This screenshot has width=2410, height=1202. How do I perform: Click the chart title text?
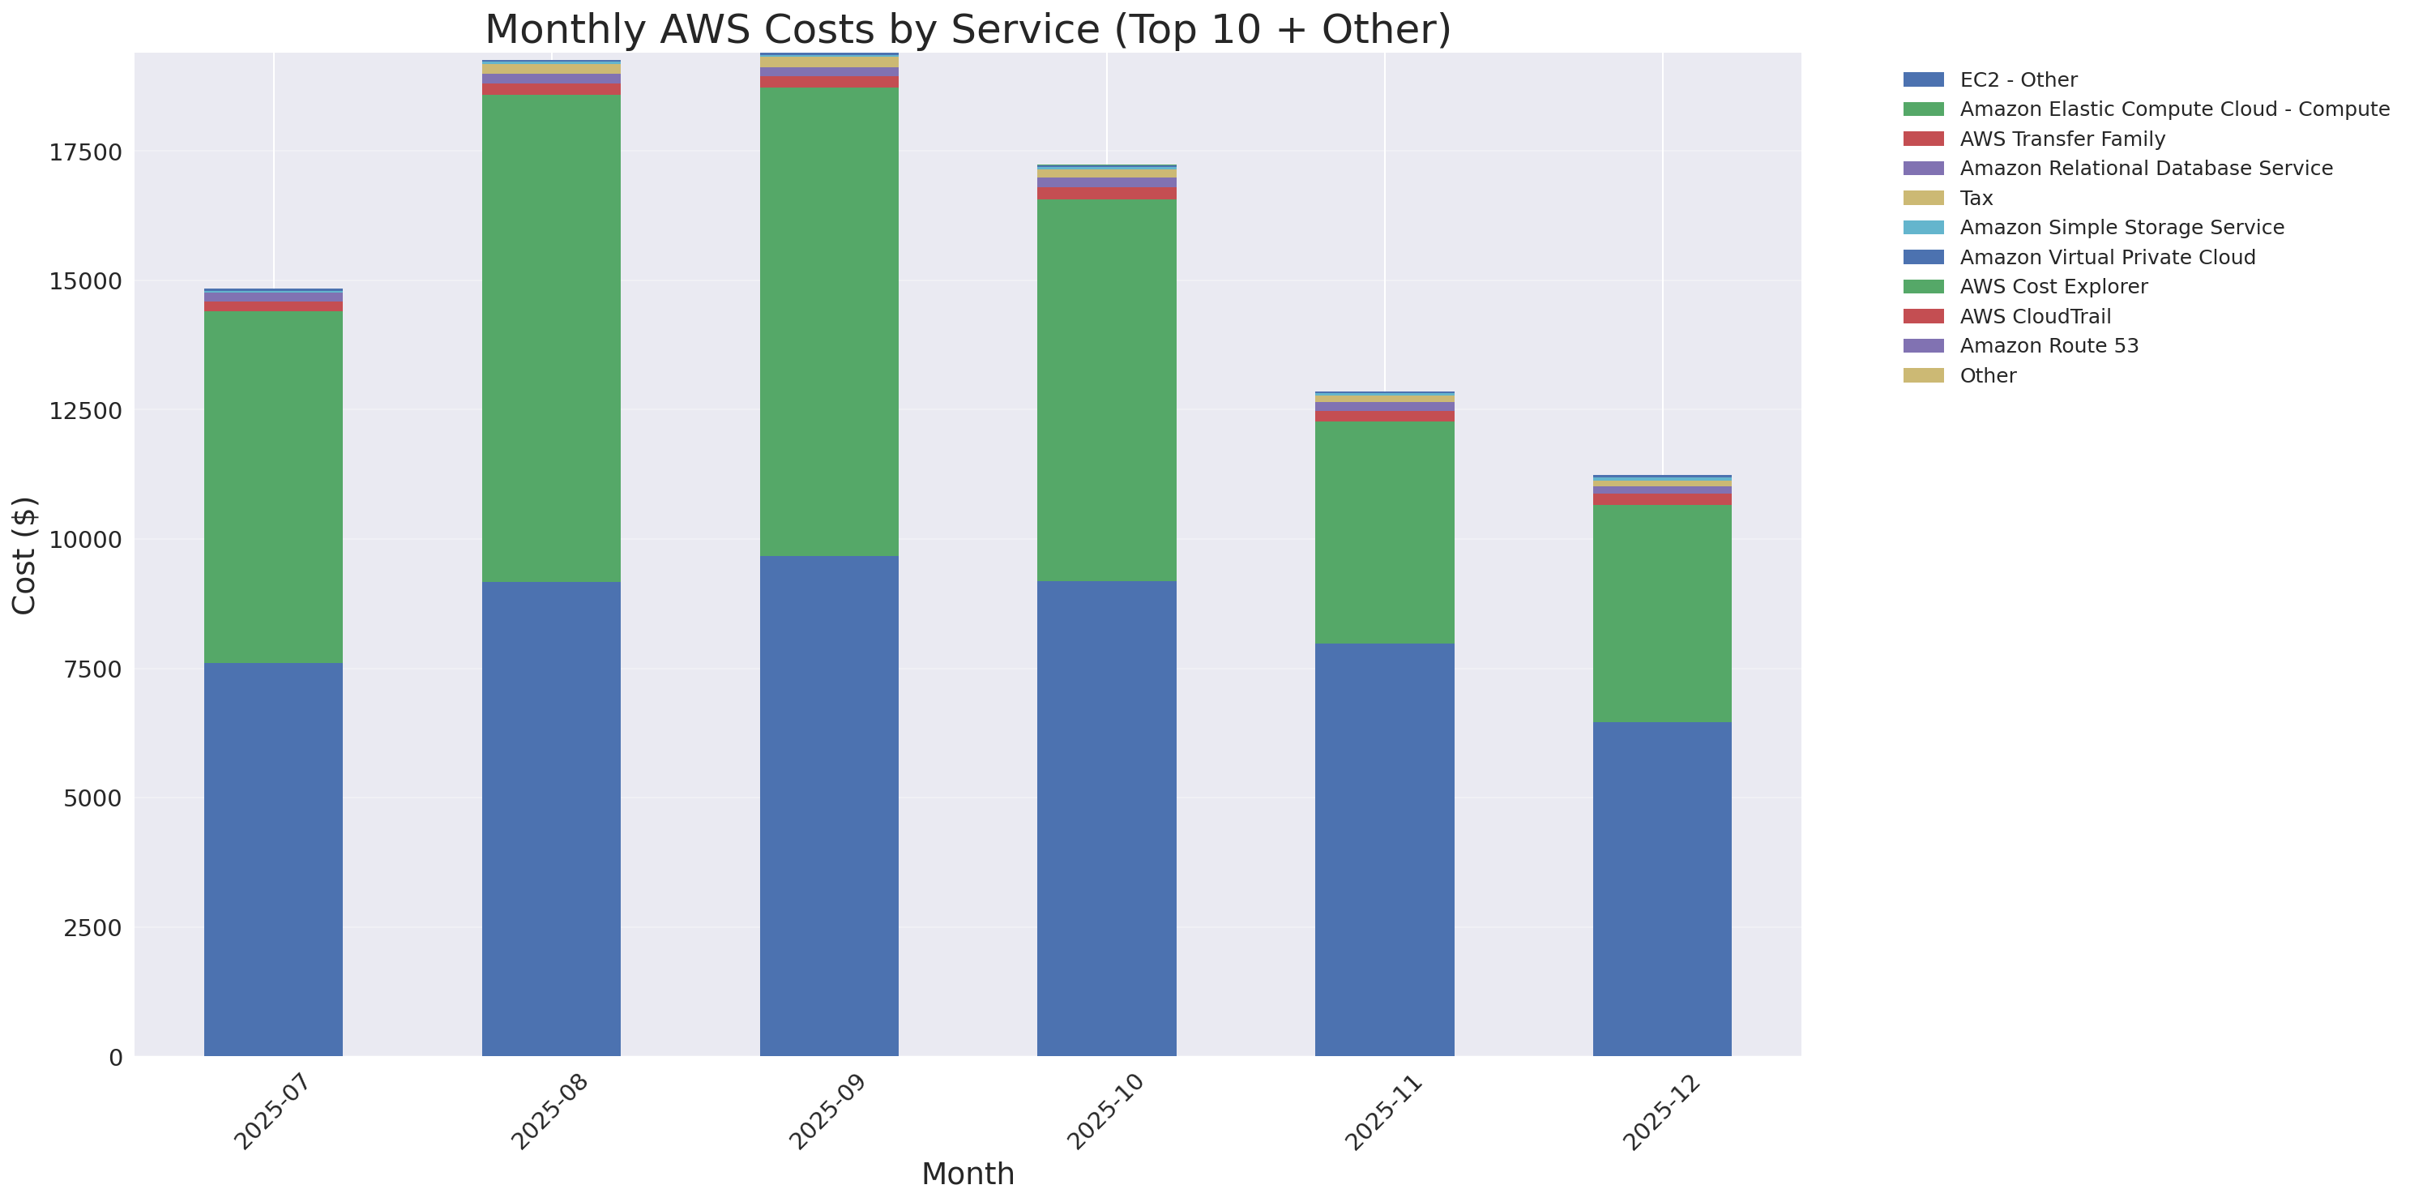(968, 30)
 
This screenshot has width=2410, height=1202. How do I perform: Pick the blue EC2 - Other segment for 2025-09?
(829, 806)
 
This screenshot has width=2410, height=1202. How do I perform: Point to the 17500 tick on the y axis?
(85, 152)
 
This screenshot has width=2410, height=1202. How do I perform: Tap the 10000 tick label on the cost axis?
(85, 540)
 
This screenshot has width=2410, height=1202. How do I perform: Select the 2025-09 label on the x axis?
(827, 1112)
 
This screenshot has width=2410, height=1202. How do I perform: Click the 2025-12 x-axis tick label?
(1660, 1112)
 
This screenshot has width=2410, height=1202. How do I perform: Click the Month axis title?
(968, 1174)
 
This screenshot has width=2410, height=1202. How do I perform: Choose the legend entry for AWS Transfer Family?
(2062, 139)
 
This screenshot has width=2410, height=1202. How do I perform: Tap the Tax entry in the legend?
(1976, 199)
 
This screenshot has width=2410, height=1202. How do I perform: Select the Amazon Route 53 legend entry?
(2049, 346)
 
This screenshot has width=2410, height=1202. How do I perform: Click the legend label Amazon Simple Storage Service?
(2121, 227)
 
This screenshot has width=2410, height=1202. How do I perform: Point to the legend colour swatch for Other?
(1924, 375)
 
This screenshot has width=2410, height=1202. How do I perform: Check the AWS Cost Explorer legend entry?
(2053, 286)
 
